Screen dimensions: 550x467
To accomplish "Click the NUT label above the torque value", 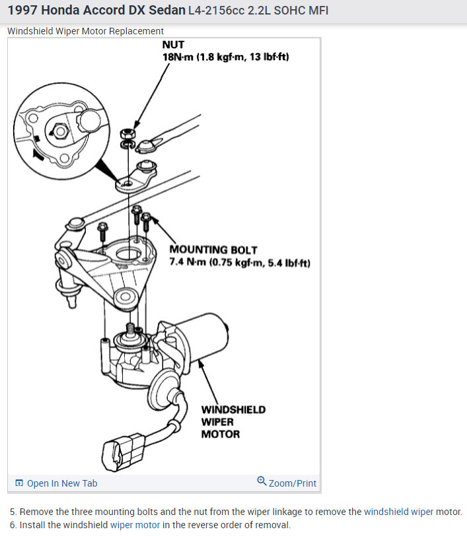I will pyautogui.click(x=173, y=46).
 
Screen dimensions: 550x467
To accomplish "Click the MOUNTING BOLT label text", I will pyautogui.click(x=213, y=250).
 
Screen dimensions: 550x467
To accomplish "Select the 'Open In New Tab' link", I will pyautogui.click(x=61, y=483).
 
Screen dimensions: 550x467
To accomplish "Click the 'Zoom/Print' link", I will pyautogui.click(x=293, y=483).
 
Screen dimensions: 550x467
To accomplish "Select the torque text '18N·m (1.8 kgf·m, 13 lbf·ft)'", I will pyautogui.click(x=225, y=57).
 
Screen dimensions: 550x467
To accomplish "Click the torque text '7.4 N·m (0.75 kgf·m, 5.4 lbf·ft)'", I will pyautogui.click(x=240, y=263).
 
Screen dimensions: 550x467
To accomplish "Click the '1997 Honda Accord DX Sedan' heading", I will pyautogui.click(x=96, y=11).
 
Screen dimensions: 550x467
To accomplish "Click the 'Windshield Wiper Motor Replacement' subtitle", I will pyautogui.click(x=86, y=31).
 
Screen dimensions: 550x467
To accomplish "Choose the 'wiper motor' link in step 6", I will pyautogui.click(x=135, y=526).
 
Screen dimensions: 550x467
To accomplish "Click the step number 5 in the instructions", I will pyautogui.click(x=13, y=512).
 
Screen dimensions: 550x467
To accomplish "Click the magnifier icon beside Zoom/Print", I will pyautogui.click(x=262, y=481).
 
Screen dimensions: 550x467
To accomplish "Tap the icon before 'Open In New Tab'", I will pyautogui.click(x=18, y=483).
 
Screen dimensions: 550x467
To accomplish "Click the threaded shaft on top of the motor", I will pyautogui.click(x=130, y=328).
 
